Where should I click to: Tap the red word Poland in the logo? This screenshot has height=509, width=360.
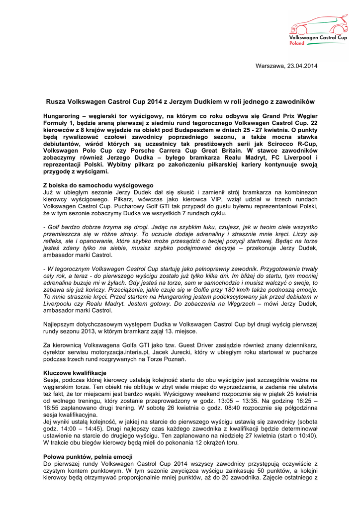297,43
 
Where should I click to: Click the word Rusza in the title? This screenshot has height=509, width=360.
56,101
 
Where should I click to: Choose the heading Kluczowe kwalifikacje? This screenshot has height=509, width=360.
75,373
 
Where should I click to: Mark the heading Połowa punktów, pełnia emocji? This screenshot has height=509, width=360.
88,456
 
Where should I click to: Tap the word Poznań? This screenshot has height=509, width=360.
175,359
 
